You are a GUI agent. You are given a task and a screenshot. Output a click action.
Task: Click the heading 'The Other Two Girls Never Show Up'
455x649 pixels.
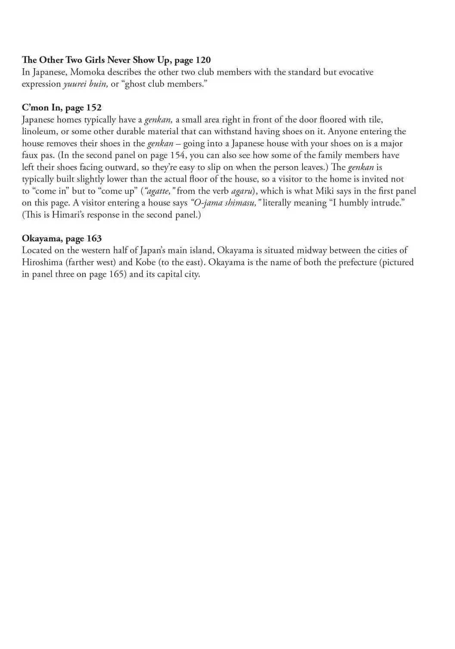(97, 60)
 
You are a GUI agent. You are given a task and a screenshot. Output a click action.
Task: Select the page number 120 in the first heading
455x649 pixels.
(203, 60)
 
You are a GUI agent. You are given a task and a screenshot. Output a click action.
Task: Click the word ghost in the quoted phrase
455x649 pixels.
(135, 84)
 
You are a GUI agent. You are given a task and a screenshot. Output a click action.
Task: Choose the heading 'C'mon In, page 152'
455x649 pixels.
(62, 107)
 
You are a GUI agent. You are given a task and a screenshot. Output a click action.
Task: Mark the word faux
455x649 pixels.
(30, 155)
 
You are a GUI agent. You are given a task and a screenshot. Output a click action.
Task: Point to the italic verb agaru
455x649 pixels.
(241, 191)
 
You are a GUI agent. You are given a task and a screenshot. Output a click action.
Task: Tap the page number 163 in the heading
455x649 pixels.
(94, 239)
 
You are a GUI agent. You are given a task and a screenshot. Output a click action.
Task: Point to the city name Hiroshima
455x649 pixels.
(42, 262)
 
